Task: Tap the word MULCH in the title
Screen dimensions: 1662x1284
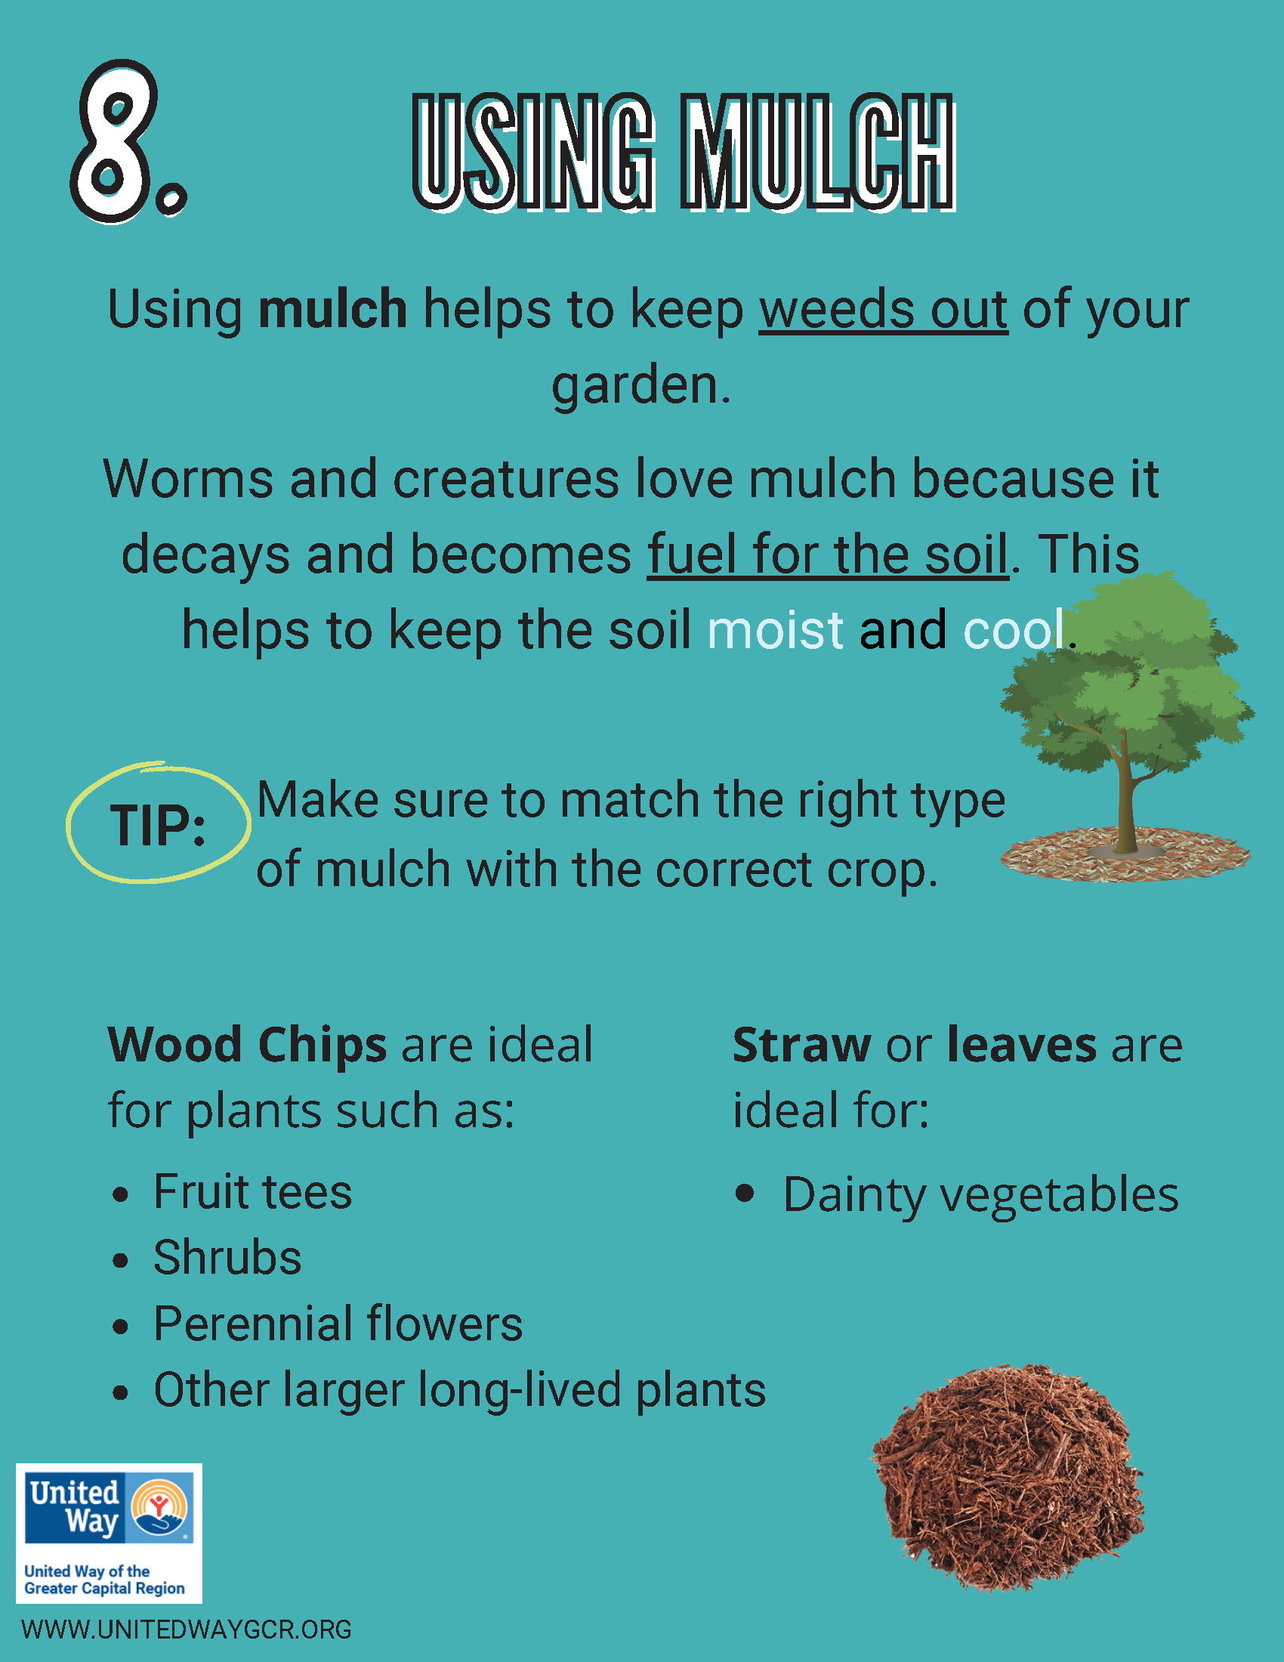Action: (818, 152)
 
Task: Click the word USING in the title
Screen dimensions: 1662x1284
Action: (532, 152)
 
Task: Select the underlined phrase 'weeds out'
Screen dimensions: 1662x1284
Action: (883, 310)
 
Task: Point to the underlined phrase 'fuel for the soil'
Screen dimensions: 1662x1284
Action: (828, 554)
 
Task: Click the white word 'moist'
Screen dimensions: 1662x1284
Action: (775, 630)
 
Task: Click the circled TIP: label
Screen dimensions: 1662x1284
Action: (158, 825)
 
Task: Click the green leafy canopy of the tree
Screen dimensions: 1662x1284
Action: (1126, 678)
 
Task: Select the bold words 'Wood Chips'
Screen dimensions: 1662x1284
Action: (247, 1044)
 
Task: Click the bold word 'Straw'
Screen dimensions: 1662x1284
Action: (801, 1044)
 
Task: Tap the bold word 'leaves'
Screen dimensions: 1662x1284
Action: (1022, 1044)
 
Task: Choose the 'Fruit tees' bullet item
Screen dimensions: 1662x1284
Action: (252, 1191)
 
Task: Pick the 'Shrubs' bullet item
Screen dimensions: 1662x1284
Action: (227, 1257)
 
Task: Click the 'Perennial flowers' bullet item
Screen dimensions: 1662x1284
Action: (338, 1324)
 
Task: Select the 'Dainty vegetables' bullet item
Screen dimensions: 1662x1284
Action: (980, 1195)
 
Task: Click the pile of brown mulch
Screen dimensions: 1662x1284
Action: (1008, 1480)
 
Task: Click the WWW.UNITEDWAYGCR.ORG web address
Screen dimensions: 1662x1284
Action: (187, 1630)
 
